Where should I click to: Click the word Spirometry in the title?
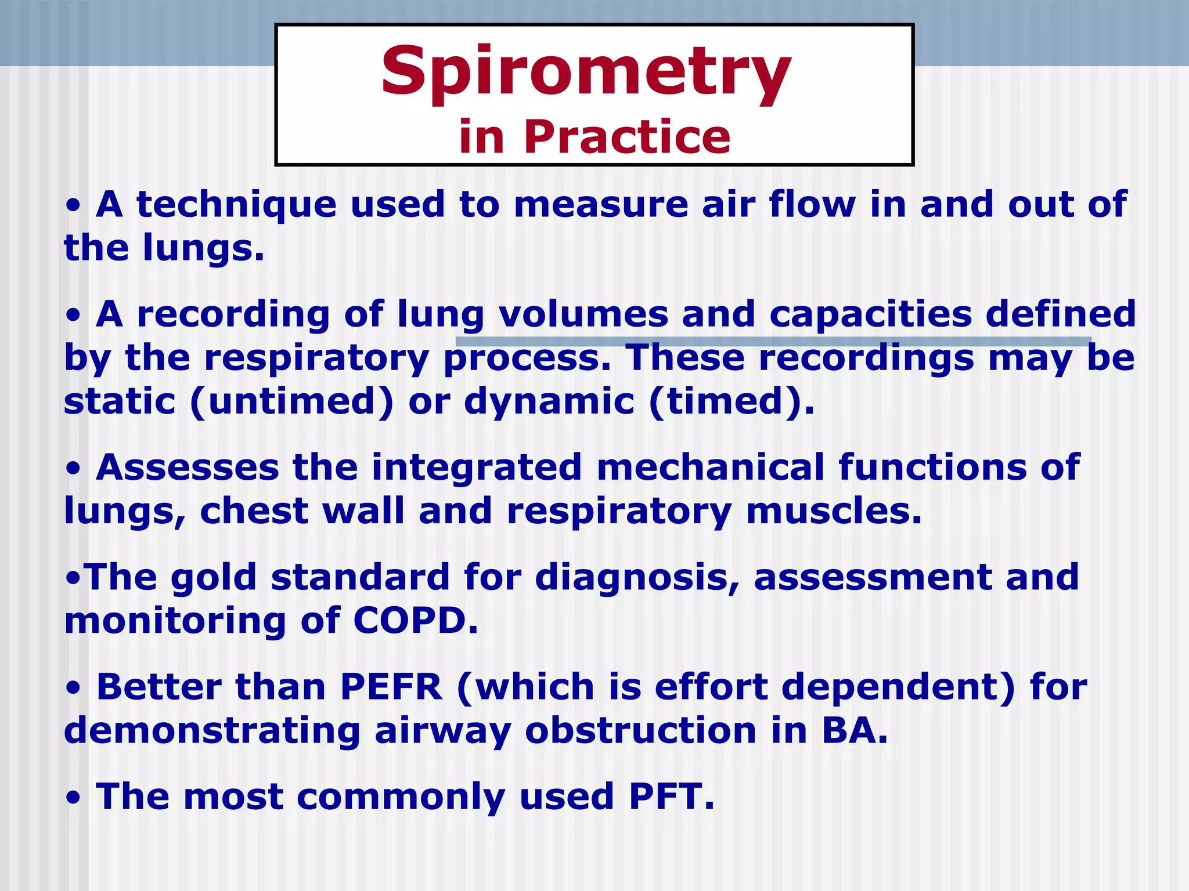(x=586, y=73)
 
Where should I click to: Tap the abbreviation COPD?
(x=415, y=621)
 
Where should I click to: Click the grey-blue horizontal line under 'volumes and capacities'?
(x=772, y=341)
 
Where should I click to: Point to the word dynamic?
(x=549, y=401)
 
